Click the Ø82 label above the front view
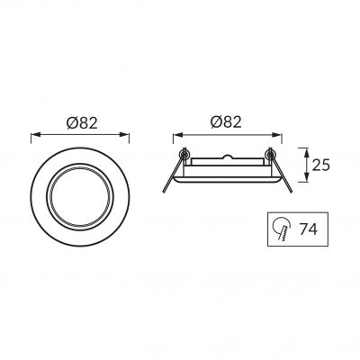[x=82, y=123]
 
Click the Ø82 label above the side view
[x=226, y=122]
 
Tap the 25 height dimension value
[x=321, y=165]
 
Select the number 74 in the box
[x=309, y=229]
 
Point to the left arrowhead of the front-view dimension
[x=35, y=134]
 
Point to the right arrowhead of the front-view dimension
[x=125, y=134]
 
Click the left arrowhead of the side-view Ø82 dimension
[x=177, y=134]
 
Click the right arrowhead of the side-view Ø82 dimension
[x=277, y=134]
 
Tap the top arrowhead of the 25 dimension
[x=306, y=152]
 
